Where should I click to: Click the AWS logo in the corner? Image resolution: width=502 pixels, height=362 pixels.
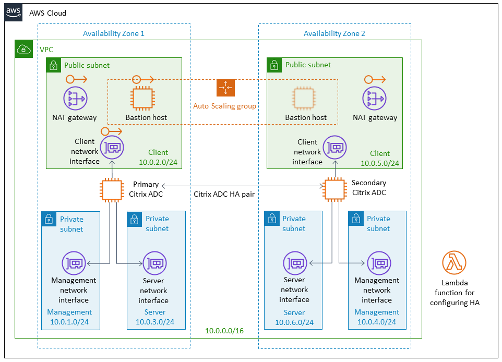click(14, 13)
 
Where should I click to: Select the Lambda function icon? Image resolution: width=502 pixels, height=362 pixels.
click(453, 262)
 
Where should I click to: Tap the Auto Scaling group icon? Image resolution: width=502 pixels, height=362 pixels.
click(225, 88)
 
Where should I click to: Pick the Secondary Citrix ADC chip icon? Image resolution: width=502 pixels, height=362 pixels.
click(334, 190)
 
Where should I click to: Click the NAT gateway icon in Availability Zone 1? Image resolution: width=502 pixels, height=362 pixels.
click(75, 99)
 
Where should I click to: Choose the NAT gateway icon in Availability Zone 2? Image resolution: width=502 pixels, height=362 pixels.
click(374, 99)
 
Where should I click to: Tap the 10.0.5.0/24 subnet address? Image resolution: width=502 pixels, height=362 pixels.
click(380, 163)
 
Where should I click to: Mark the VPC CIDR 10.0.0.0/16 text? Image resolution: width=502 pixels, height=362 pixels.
click(224, 331)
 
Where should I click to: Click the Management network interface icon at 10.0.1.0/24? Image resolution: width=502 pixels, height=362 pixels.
click(74, 263)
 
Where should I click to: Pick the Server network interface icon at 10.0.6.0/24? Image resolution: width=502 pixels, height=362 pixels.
click(295, 263)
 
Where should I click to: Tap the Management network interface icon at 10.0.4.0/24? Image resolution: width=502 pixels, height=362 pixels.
click(377, 263)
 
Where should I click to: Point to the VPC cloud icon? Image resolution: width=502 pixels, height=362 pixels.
click(23, 49)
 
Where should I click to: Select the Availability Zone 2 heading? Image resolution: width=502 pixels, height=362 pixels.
click(334, 33)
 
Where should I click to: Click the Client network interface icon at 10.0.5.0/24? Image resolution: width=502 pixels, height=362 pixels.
click(334, 148)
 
